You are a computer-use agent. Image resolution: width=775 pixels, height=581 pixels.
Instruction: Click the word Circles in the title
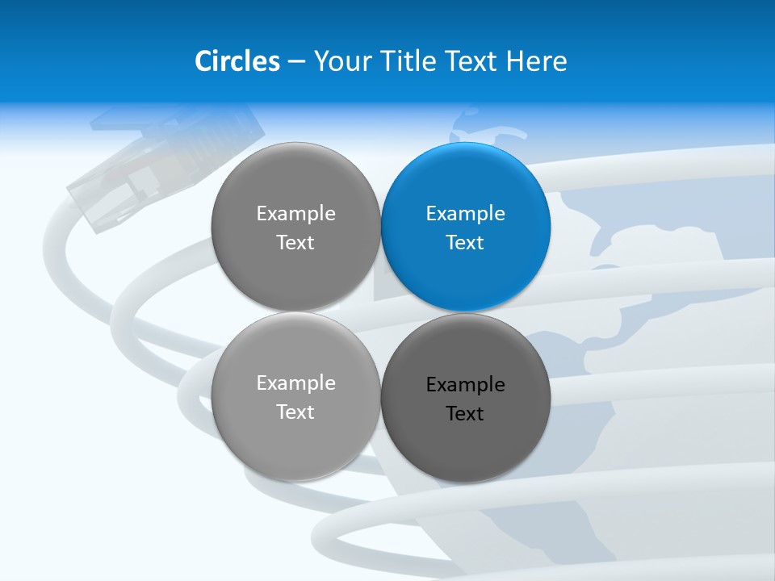(x=237, y=61)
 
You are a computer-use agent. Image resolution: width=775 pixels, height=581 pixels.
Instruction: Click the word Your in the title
(x=343, y=61)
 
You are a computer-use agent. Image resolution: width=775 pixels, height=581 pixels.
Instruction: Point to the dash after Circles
(x=296, y=62)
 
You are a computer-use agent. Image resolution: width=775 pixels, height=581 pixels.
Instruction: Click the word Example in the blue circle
(x=466, y=213)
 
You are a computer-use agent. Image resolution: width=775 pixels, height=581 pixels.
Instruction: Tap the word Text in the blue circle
(x=466, y=242)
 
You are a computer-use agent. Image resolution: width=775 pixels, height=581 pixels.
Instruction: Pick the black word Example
(x=466, y=384)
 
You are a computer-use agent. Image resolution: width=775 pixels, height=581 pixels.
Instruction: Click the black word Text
(x=466, y=413)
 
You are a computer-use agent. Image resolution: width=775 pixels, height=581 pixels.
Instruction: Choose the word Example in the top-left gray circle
(x=296, y=213)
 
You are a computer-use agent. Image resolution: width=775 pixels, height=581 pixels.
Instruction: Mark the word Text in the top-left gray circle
(x=296, y=242)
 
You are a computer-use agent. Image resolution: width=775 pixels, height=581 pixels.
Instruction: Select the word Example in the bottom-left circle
(x=296, y=382)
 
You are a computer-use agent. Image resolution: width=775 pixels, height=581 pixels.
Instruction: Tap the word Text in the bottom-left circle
(x=296, y=412)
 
